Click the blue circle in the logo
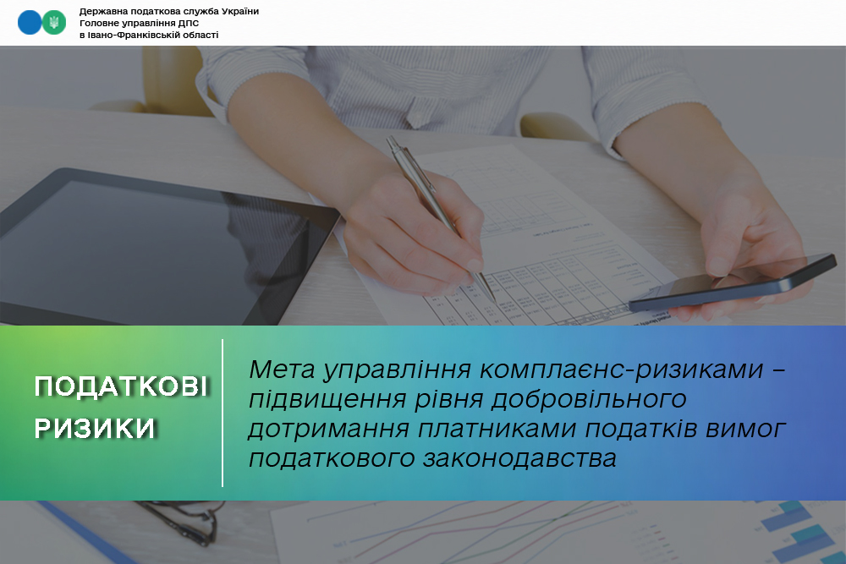coord(30,23)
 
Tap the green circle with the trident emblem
coord(54,23)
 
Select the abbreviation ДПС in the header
coord(189,23)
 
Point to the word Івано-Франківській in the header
coord(134,35)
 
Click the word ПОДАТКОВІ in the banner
coord(121,386)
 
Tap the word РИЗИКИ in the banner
coord(95,428)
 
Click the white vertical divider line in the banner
coord(222,413)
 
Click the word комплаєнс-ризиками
coord(622,370)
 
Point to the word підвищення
coord(327,400)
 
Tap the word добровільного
coord(589,400)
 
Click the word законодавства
coord(519,458)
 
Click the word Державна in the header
coord(103,11)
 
